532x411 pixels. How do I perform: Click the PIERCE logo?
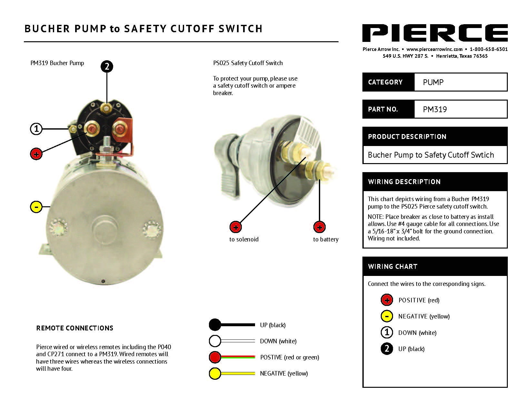pyautogui.click(x=435, y=33)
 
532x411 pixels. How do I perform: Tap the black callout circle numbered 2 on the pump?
pyautogui.click(x=107, y=66)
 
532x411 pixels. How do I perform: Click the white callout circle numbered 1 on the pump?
pyautogui.click(x=36, y=129)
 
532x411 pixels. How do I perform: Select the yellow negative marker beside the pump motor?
pyautogui.click(x=36, y=207)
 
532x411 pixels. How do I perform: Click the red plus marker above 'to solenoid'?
pyautogui.click(x=236, y=227)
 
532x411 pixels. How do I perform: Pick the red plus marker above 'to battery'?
pyautogui.click(x=319, y=227)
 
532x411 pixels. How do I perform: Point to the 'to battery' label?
pyautogui.click(x=326, y=240)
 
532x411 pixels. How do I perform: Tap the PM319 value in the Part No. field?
pyautogui.click(x=435, y=109)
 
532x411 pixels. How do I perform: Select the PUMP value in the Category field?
pyautogui.click(x=433, y=82)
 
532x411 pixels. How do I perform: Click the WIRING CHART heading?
pyautogui.click(x=392, y=267)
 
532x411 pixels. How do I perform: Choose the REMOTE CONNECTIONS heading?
pyautogui.click(x=74, y=328)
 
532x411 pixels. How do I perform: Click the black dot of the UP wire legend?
pyautogui.click(x=215, y=325)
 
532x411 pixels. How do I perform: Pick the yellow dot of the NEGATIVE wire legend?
pyautogui.click(x=215, y=374)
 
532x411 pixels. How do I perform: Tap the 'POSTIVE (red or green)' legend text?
pyautogui.click(x=290, y=357)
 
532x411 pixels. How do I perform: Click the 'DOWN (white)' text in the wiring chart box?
pyautogui.click(x=417, y=333)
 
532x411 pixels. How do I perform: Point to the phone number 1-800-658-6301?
pyautogui.click(x=488, y=49)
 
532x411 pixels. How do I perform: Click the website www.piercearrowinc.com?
pyautogui.click(x=434, y=49)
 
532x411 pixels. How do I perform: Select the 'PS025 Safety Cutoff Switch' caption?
pyautogui.click(x=248, y=63)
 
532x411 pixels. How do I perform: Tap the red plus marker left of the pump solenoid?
pyautogui.click(x=36, y=154)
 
